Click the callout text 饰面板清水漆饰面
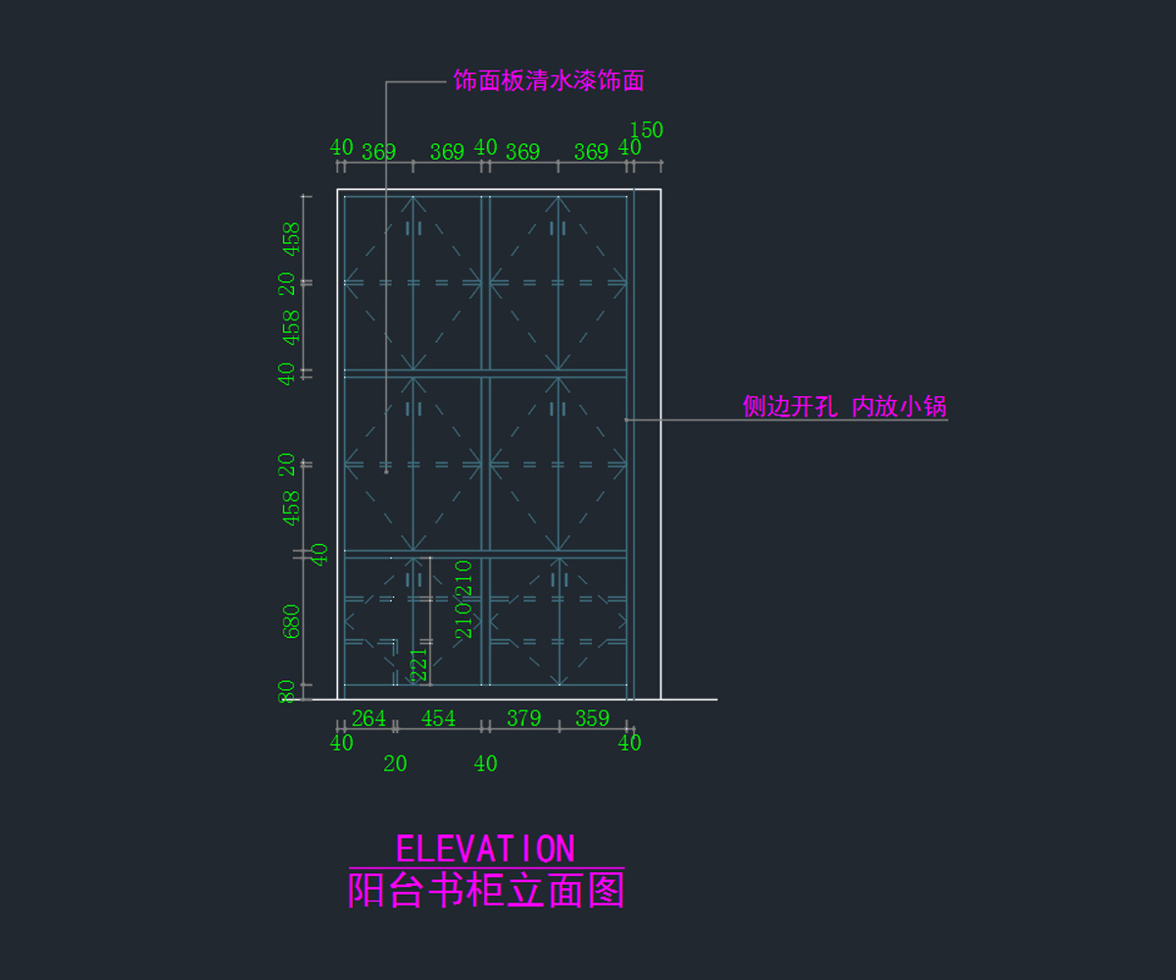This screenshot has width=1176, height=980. coord(549,80)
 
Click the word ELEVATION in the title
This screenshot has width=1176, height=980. coord(485,849)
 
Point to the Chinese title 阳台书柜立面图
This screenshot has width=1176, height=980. coord(486,891)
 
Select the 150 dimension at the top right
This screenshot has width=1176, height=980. coord(646,130)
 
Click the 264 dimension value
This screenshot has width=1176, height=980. coord(368,718)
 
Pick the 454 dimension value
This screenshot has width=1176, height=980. coord(438,718)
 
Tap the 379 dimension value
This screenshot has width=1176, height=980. coord(523,718)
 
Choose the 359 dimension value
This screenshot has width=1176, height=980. coord(592,718)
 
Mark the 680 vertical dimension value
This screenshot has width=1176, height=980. coord(292,621)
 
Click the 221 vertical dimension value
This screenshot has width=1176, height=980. coord(418,664)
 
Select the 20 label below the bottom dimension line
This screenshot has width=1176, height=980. coord(395,763)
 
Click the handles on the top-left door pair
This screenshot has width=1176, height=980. coord(414,228)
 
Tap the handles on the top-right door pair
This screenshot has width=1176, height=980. coord(559,228)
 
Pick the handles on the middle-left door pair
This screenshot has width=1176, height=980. coord(414,410)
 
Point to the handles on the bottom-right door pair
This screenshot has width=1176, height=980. coord(559,580)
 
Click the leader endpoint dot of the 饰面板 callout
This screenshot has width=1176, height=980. coord(386,471)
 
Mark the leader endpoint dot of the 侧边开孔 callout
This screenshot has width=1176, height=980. coord(626,419)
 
